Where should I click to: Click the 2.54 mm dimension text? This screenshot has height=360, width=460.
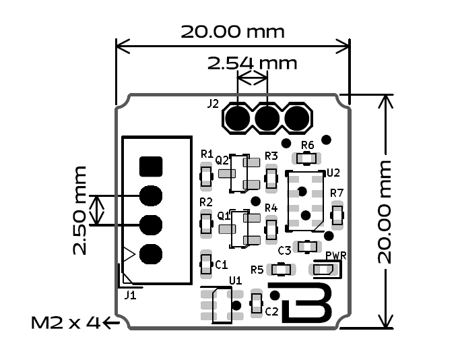[251, 63]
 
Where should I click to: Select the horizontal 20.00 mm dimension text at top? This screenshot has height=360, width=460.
[232, 32]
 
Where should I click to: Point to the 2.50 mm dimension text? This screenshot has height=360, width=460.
[80, 210]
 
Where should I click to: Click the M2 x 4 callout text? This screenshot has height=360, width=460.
[65, 323]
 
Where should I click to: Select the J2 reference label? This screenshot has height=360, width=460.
[213, 104]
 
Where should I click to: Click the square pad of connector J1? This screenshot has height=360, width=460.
[151, 166]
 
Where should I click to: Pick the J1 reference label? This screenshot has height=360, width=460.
[130, 295]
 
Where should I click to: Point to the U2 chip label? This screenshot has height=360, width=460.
[333, 173]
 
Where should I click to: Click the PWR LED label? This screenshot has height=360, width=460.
[335, 256]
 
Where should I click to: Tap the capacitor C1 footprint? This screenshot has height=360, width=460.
[206, 264]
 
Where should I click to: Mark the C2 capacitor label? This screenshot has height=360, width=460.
[271, 311]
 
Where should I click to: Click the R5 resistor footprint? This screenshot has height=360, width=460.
[282, 270]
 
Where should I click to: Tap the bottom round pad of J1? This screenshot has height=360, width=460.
[151, 253]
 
